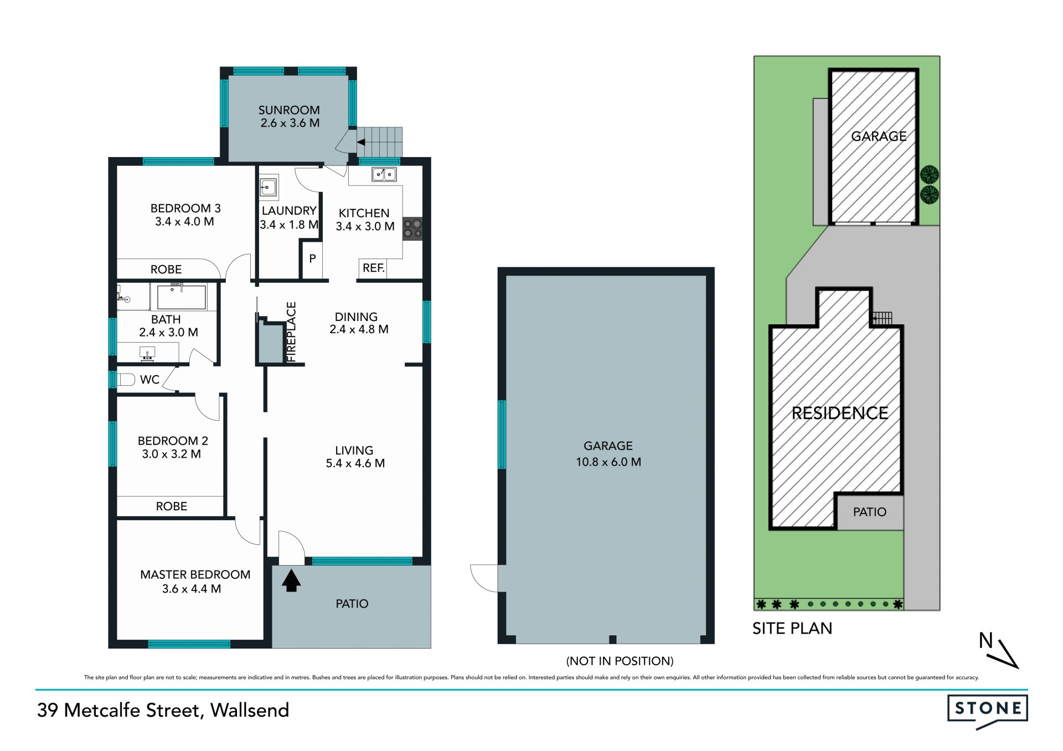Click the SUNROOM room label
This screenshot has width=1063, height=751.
[289, 110]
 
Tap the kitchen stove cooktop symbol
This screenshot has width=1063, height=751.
[412, 228]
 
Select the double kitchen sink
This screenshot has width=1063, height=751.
[384, 174]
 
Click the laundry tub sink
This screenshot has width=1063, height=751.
[269, 187]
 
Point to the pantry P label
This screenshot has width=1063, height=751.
[312, 258]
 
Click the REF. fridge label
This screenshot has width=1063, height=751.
[374, 268]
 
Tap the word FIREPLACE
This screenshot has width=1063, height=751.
[291, 332]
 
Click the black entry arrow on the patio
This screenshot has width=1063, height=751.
[291, 581]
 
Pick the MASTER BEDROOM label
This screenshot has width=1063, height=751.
[195, 574]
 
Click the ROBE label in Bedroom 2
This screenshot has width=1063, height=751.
[172, 506]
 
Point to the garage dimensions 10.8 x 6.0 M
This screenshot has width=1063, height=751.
[608, 462]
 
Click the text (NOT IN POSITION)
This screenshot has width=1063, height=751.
[620, 661]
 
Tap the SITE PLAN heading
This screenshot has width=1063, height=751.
[792, 629]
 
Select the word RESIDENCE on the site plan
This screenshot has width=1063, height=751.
[840, 413]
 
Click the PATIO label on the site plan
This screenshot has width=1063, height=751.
[870, 512]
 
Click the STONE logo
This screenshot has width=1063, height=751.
[988, 711]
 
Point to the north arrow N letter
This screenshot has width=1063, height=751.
[985, 640]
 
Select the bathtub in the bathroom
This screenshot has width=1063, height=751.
[182, 297]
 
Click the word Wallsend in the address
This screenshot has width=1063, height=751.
[250, 710]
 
